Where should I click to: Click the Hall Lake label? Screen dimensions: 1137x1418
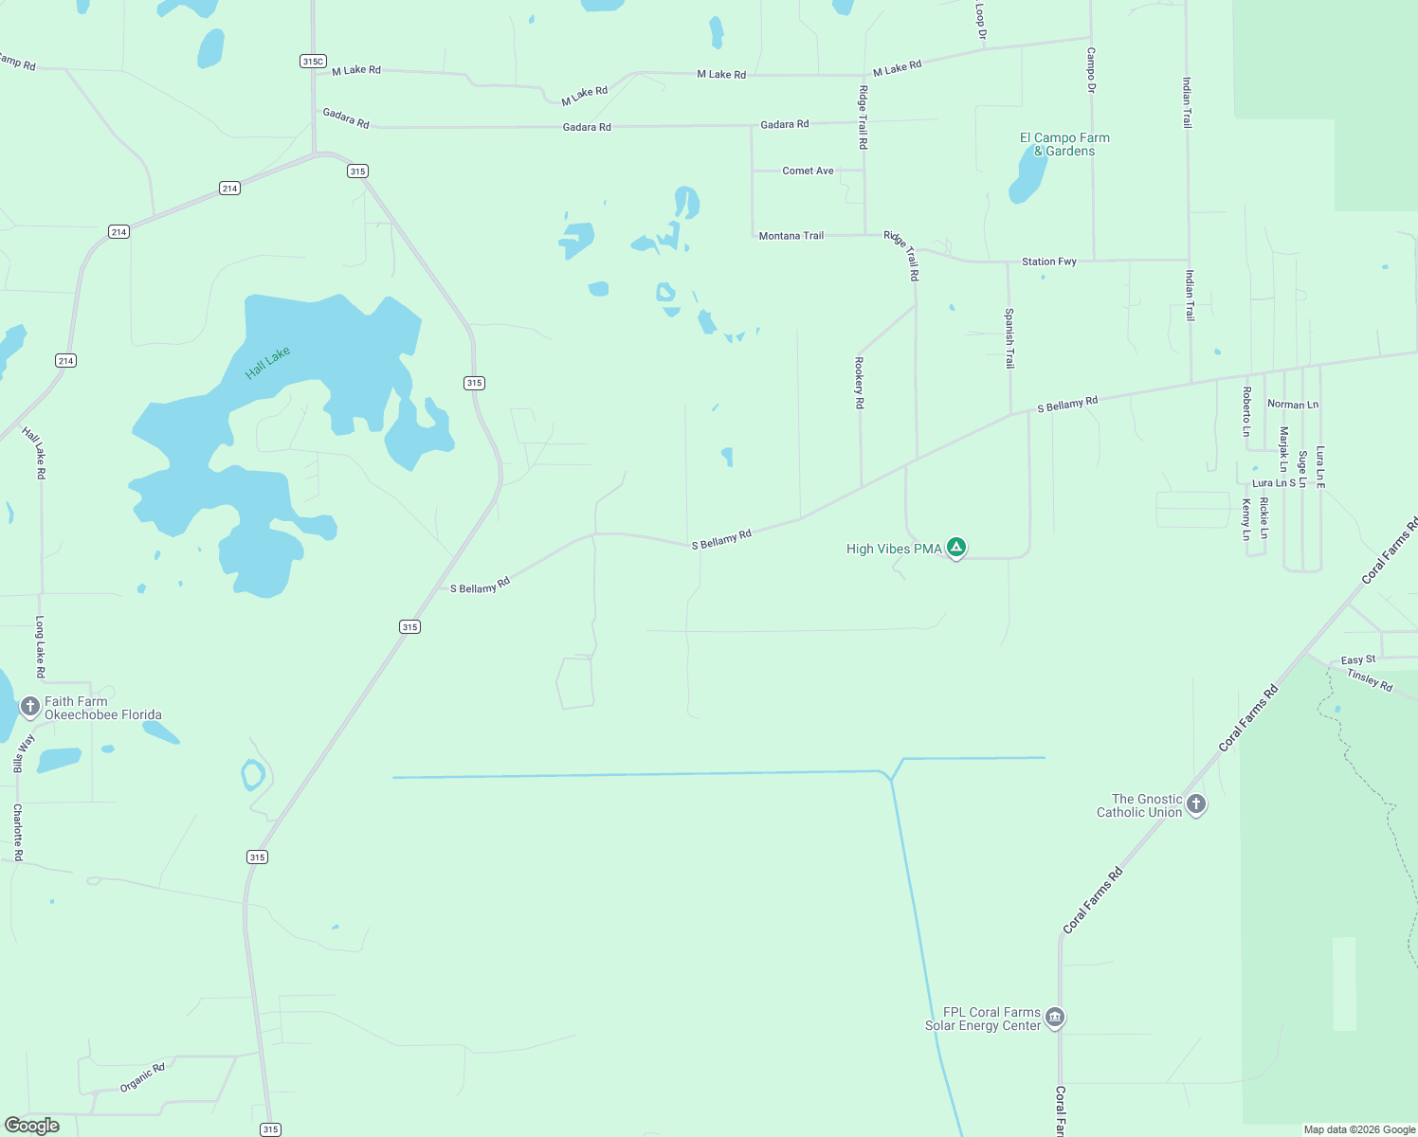tap(267, 363)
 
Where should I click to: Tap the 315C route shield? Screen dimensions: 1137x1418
tap(313, 61)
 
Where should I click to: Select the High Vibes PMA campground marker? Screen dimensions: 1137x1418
tap(957, 547)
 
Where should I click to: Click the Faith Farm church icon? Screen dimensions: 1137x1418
tap(29, 707)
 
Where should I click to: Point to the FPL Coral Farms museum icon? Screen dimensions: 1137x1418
tap(1055, 1018)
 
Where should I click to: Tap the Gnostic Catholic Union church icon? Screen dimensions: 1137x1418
tap(1196, 804)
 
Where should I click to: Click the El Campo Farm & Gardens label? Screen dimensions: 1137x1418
tap(1064, 144)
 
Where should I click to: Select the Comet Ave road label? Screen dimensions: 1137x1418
tap(808, 171)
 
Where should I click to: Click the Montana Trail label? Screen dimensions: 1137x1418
tap(791, 235)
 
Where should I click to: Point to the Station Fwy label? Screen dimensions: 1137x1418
tap(1048, 262)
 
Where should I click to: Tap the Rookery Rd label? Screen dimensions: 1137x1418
tap(860, 383)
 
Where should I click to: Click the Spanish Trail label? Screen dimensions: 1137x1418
tap(1009, 338)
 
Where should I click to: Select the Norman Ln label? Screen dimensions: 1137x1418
tap(1293, 405)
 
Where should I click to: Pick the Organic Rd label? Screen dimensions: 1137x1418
tap(142, 1077)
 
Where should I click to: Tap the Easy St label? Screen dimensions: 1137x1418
tap(1357, 659)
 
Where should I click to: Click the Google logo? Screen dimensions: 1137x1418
tap(32, 1126)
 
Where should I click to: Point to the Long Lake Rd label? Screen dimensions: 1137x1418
tap(40, 646)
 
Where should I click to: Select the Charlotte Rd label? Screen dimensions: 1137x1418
tap(18, 832)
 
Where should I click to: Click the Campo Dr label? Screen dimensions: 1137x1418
tap(1091, 69)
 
